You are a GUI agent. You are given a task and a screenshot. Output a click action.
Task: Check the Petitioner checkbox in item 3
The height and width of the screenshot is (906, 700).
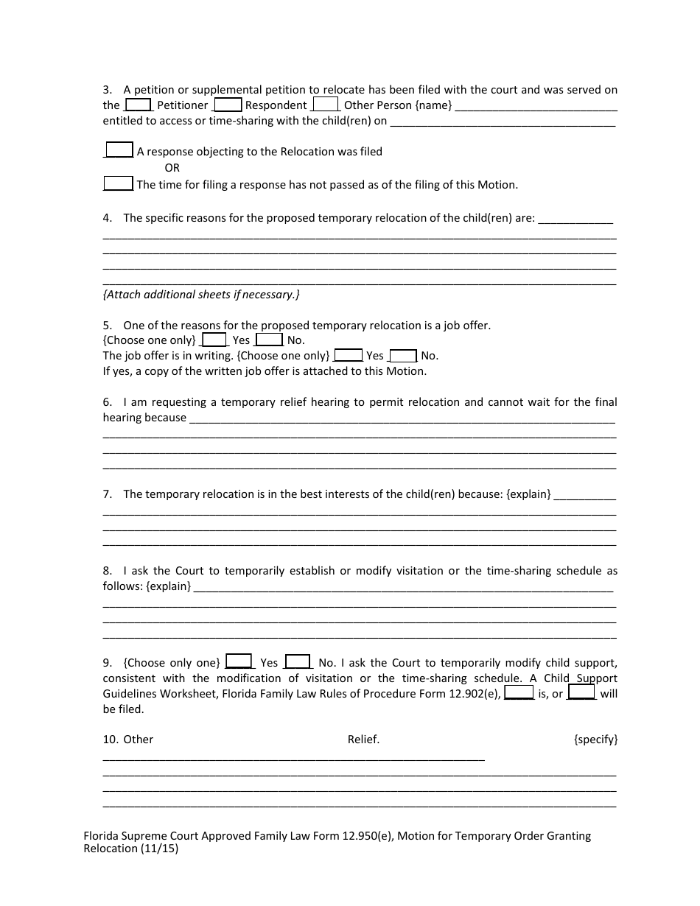(x=139, y=105)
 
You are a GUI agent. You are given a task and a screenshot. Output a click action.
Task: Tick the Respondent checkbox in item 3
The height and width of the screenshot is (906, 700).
(x=228, y=105)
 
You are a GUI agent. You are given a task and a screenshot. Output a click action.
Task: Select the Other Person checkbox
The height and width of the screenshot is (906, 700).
(x=326, y=105)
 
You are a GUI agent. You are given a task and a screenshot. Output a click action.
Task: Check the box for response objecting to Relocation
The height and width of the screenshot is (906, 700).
(x=119, y=150)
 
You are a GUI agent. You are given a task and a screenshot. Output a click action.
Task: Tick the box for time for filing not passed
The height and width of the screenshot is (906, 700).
(x=118, y=183)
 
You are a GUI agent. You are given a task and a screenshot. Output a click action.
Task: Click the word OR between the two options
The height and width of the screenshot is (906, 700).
(x=172, y=168)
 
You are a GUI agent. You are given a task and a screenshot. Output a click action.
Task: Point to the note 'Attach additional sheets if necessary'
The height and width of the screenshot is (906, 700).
(x=201, y=295)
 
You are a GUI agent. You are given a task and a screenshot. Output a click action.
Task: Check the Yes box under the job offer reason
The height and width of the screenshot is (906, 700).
(x=214, y=340)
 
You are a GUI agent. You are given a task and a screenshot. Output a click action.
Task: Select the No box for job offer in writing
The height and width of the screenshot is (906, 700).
(x=403, y=355)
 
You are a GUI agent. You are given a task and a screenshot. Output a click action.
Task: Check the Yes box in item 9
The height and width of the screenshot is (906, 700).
(x=239, y=661)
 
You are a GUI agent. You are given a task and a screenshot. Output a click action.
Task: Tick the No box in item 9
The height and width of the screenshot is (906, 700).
(x=298, y=661)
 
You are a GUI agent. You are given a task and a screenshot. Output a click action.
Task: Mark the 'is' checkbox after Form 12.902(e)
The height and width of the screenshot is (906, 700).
(x=519, y=692)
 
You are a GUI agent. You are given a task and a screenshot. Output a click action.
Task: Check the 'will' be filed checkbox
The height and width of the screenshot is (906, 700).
(x=581, y=692)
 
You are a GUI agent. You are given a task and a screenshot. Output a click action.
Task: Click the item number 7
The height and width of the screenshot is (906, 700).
(x=107, y=494)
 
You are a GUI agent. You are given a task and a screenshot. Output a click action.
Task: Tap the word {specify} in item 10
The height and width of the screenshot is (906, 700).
(x=595, y=740)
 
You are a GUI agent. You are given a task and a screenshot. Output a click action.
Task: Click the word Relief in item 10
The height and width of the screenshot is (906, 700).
(x=363, y=740)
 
